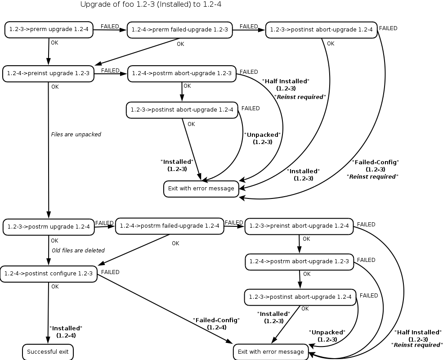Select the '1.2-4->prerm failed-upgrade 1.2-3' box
click(180, 30)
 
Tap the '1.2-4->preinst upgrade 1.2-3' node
click(48, 73)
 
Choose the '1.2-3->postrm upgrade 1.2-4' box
click(49, 226)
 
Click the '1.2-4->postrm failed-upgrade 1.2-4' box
click(170, 225)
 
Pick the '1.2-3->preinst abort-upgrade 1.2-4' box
click(299, 226)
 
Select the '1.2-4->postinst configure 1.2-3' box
click(49, 273)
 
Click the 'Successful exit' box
click(48, 351)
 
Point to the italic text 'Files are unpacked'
click(76, 134)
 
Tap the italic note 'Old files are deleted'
click(78, 250)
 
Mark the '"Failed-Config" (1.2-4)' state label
click(216, 324)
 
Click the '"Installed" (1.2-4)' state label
click(66, 332)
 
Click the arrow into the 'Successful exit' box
click(48, 315)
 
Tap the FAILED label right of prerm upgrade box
click(110, 27)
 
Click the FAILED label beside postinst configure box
click(110, 272)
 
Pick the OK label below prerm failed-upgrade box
click(180, 44)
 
